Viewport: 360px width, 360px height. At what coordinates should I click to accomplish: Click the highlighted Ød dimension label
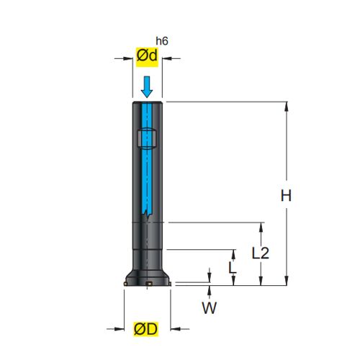point(147,57)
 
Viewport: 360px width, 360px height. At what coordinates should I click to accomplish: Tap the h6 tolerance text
point(162,41)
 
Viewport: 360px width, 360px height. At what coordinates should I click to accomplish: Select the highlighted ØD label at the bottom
point(146,329)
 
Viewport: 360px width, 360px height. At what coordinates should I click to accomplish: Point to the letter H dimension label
point(286,196)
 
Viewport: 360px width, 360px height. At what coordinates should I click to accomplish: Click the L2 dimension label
point(261,253)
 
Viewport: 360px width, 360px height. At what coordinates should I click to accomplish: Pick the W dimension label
point(210,307)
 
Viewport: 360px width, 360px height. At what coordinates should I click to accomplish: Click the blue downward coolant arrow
point(147,86)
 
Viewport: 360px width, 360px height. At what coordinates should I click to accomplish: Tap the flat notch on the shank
point(146,139)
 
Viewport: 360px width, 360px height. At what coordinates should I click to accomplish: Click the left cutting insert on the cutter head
point(125,284)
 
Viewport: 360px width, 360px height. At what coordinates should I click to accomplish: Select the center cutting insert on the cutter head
point(149,284)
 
